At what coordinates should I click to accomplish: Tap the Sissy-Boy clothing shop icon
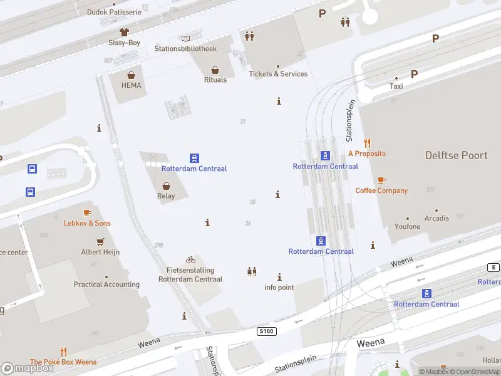pyautogui.click(x=124, y=31)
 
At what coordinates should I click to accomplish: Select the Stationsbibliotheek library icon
pyautogui.click(x=185, y=38)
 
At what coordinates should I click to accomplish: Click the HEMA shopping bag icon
pyautogui.click(x=132, y=75)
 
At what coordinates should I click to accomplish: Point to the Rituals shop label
pyautogui.click(x=215, y=80)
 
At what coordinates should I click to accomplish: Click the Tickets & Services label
pyautogui.click(x=278, y=74)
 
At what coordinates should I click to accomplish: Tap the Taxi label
pyautogui.click(x=396, y=86)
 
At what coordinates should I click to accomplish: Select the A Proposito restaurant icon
pyautogui.click(x=367, y=143)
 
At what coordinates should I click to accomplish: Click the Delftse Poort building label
pyautogui.click(x=456, y=155)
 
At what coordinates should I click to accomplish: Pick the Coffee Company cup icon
pyautogui.click(x=381, y=180)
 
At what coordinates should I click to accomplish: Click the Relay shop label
pyautogui.click(x=166, y=196)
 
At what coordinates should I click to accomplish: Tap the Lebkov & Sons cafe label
pyautogui.click(x=87, y=223)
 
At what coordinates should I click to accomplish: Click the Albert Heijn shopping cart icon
pyautogui.click(x=100, y=241)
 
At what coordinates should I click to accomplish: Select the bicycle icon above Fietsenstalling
pyautogui.click(x=190, y=259)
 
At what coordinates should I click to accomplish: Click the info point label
pyautogui.click(x=279, y=288)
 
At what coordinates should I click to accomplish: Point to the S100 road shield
pyautogui.click(x=266, y=330)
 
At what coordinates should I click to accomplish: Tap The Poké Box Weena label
pyautogui.click(x=63, y=362)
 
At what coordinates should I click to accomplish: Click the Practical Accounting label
pyautogui.click(x=106, y=285)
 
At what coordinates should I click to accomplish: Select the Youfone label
pyautogui.click(x=408, y=226)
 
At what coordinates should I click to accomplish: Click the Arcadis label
pyautogui.click(x=436, y=218)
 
